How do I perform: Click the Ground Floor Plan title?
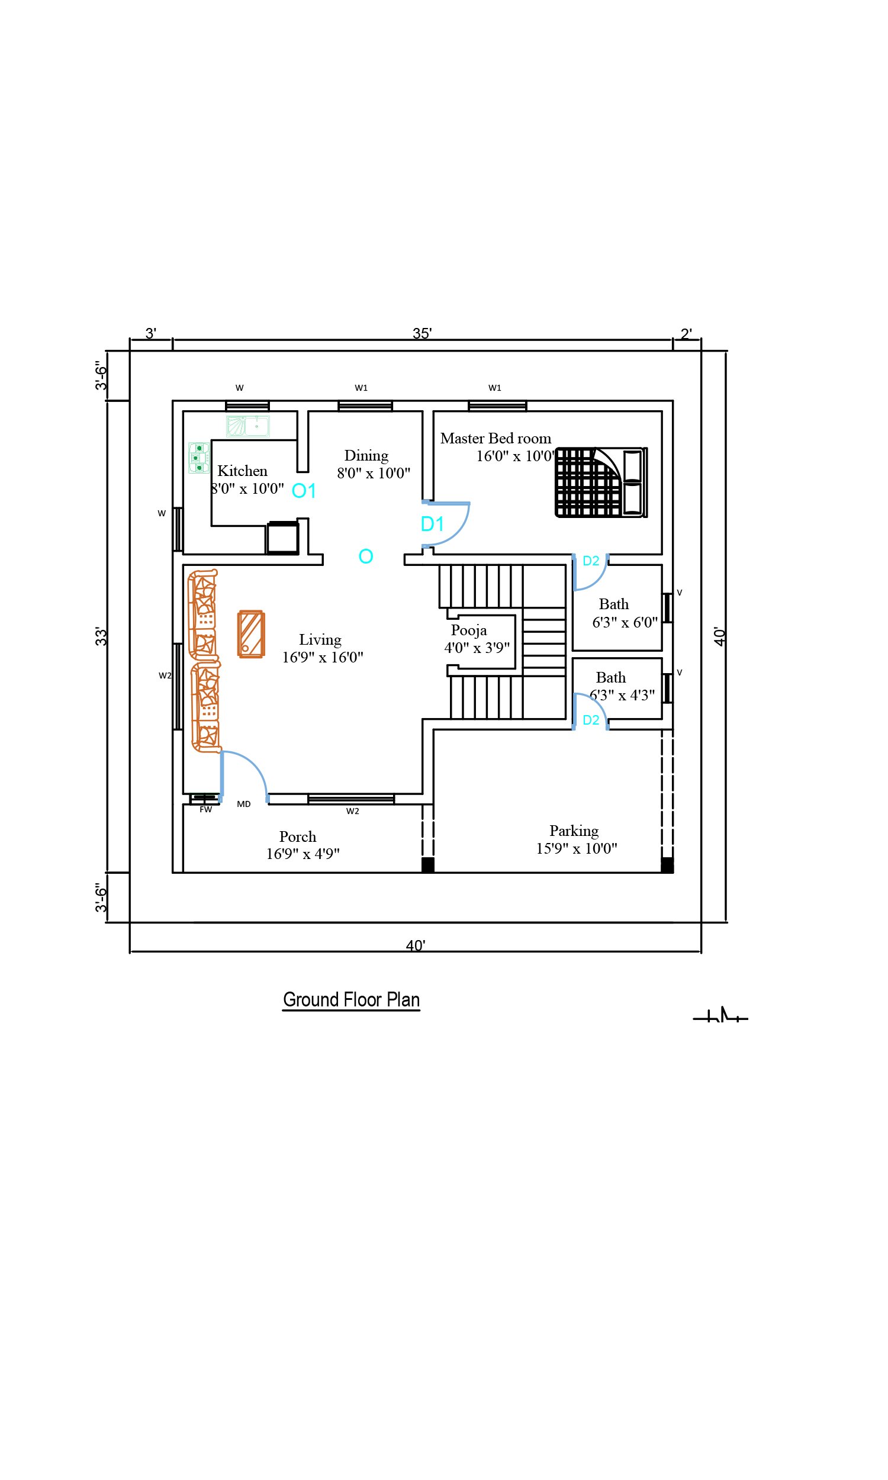click(351, 999)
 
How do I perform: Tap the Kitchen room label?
click(242, 471)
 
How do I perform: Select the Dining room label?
click(366, 456)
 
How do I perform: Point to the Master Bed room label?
click(496, 439)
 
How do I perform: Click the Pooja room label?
click(468, 630)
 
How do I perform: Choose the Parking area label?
click(574, 831)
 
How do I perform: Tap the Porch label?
click(297, 836)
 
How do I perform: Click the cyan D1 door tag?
click(432, 524)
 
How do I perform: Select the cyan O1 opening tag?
click(303, 491)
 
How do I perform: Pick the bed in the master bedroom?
click(601, 482)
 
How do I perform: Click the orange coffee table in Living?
click(252, 634)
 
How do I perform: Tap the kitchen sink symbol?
click(247, 426)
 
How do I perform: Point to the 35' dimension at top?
click(422, 333)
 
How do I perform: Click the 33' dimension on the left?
click(101, 636)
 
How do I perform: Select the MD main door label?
click(243, 804)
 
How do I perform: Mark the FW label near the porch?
click(206, 809)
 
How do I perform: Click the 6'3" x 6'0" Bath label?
click(625, 623)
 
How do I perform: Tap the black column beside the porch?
click(428, 864)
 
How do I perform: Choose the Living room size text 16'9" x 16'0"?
click(323, 658)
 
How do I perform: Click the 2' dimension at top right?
click(686, 333)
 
